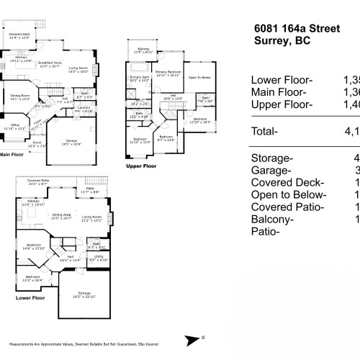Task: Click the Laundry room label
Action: pos(84,109)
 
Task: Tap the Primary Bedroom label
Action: pos(168,73)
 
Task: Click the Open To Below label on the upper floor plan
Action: pos(199,76)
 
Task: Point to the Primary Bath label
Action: pos(139,78)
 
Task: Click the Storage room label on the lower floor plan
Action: pos(85,293)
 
